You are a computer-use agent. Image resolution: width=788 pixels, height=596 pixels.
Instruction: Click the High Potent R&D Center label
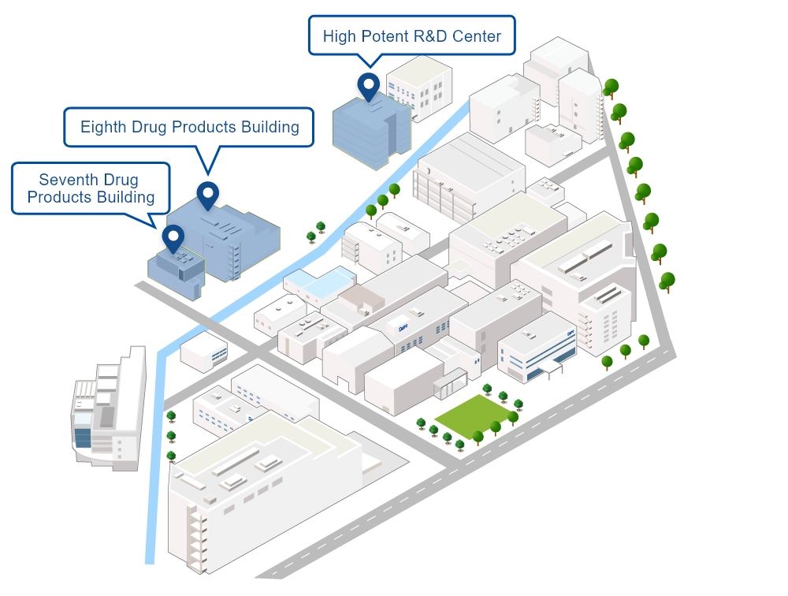(411, 35)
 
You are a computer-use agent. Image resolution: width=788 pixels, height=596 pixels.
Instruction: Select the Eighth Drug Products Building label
(189, 127)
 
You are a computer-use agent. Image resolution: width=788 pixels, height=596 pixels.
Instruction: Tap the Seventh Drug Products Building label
(91, 188)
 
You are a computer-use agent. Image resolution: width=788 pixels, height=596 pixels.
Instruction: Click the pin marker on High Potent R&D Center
(368, 85)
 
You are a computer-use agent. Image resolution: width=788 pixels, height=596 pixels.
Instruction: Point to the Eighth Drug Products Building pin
(207, 194)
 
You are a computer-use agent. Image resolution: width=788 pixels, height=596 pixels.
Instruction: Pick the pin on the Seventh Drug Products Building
(173, 237)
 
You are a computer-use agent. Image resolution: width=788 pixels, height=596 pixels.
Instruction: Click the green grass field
(472, 414)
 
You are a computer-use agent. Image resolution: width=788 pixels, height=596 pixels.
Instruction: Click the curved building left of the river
(110, 414)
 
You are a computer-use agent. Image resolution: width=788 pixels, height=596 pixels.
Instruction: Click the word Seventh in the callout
(66, 181)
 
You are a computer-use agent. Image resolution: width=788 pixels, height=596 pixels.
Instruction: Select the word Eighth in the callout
(103, 127)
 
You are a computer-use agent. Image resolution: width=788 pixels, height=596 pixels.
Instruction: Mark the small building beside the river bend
(203, 351)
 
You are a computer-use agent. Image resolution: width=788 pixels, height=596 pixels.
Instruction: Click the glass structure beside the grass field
(449, 385)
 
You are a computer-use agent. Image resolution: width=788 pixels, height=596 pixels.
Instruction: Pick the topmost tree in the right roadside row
(611, 87)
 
